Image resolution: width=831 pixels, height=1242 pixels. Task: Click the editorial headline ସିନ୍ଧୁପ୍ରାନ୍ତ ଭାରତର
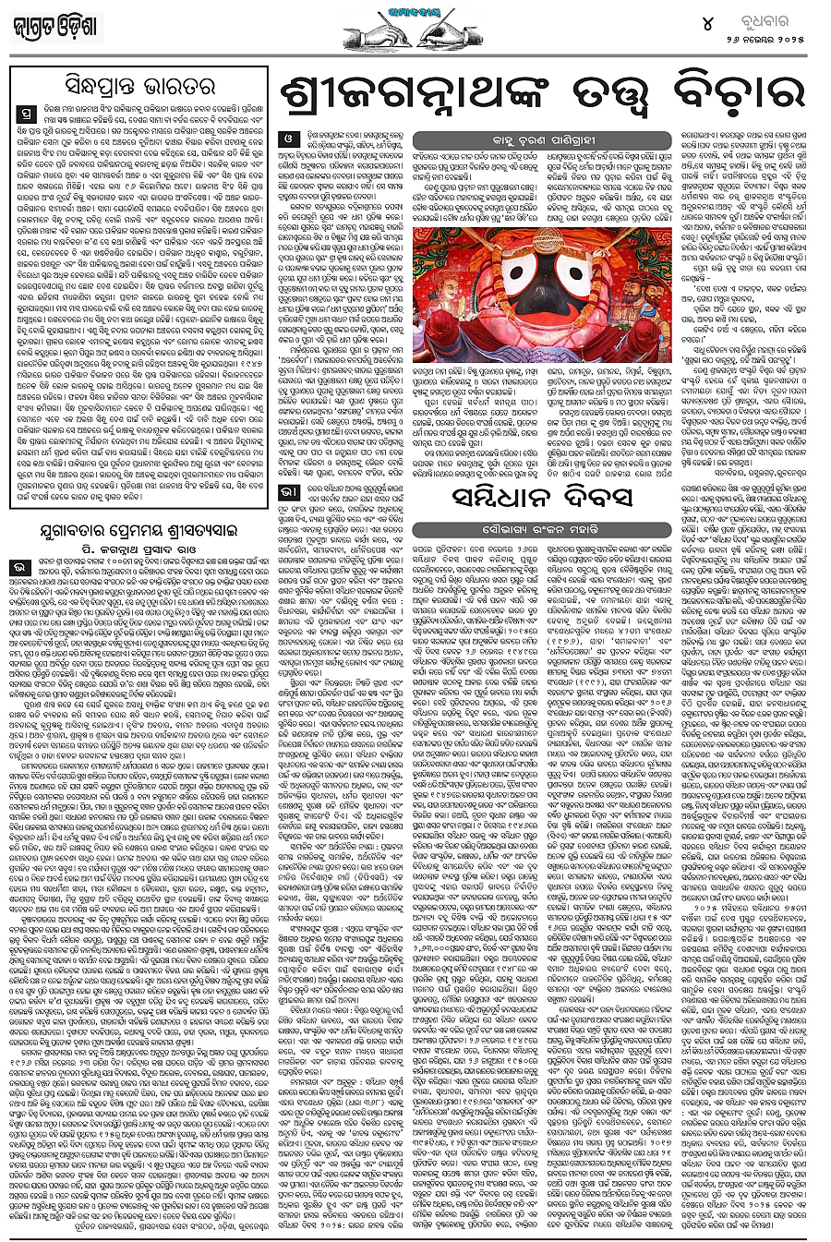[140, 89]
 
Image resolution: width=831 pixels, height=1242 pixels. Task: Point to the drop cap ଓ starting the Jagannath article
[288, 140]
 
